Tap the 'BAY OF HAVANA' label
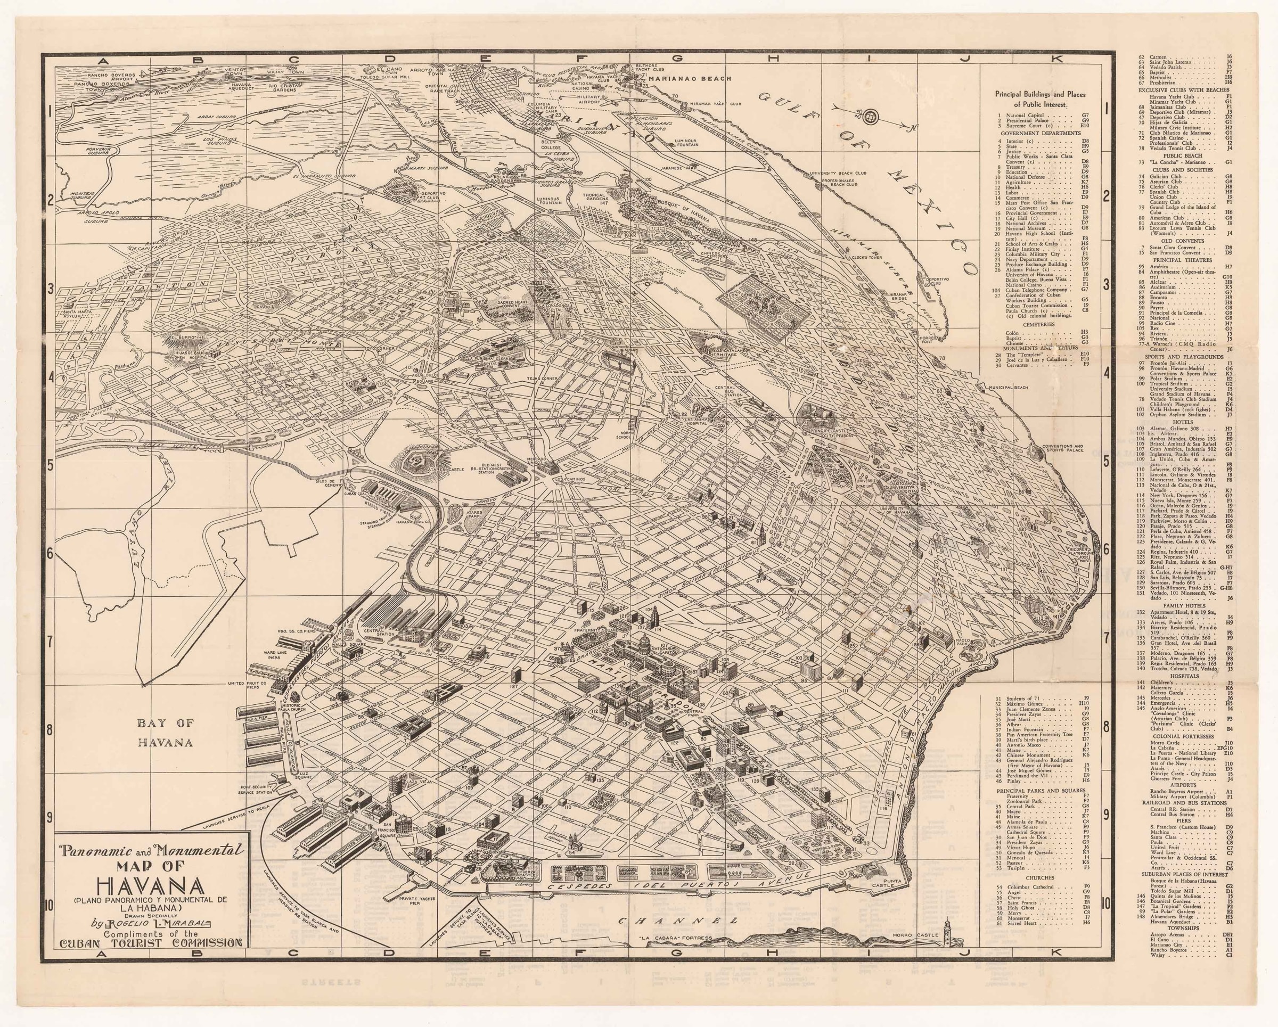(x=168, y=733)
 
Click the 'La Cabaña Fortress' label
(x=670, y=955)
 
